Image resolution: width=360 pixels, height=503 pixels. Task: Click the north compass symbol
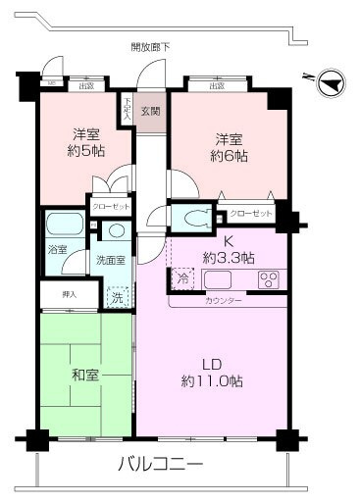point(332,81)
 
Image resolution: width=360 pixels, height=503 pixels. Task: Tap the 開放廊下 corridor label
point(149,46)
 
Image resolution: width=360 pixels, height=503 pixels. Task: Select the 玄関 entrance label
point(150,109)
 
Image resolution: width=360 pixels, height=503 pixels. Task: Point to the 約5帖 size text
point(86,153)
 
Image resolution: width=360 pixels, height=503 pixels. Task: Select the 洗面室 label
point(108,261)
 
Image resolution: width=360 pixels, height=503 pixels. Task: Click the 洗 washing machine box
point(117,295)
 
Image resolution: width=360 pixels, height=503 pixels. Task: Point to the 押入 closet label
point(56,293)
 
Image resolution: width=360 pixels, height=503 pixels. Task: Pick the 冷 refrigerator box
point(182,278)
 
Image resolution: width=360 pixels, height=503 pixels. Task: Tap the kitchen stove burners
point(269,279)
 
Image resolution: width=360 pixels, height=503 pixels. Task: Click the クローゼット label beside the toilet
point(250,214)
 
